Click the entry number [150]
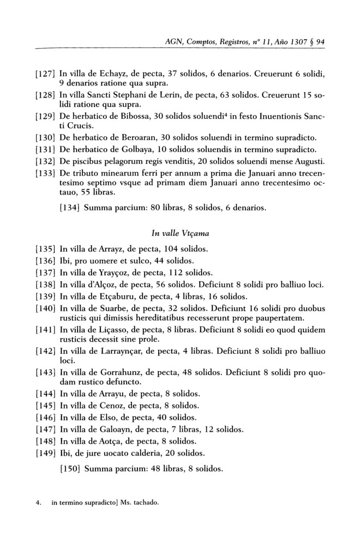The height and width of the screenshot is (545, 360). coord(70,468)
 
